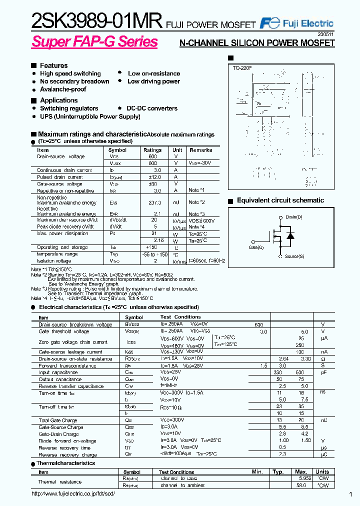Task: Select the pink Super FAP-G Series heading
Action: tap(94, 42)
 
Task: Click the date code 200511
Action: tap(325, 34)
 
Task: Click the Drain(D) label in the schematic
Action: tap(293, 217)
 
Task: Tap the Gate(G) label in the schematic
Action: tap(257, 247)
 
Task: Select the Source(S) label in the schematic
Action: tap(294, 256)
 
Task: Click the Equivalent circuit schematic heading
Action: tap(280, 200)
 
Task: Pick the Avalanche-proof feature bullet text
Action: tap(63, 89)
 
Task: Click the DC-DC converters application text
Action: tap(152, 108)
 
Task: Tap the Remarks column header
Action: tap(201, 150)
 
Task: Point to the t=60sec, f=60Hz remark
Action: tap(207, 261)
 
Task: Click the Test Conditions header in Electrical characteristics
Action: tap(180, 317)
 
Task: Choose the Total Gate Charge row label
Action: tap(58, 420)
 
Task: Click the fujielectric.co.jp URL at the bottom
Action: tap(73, 494)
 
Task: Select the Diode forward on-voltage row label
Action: tap(67, 441)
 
